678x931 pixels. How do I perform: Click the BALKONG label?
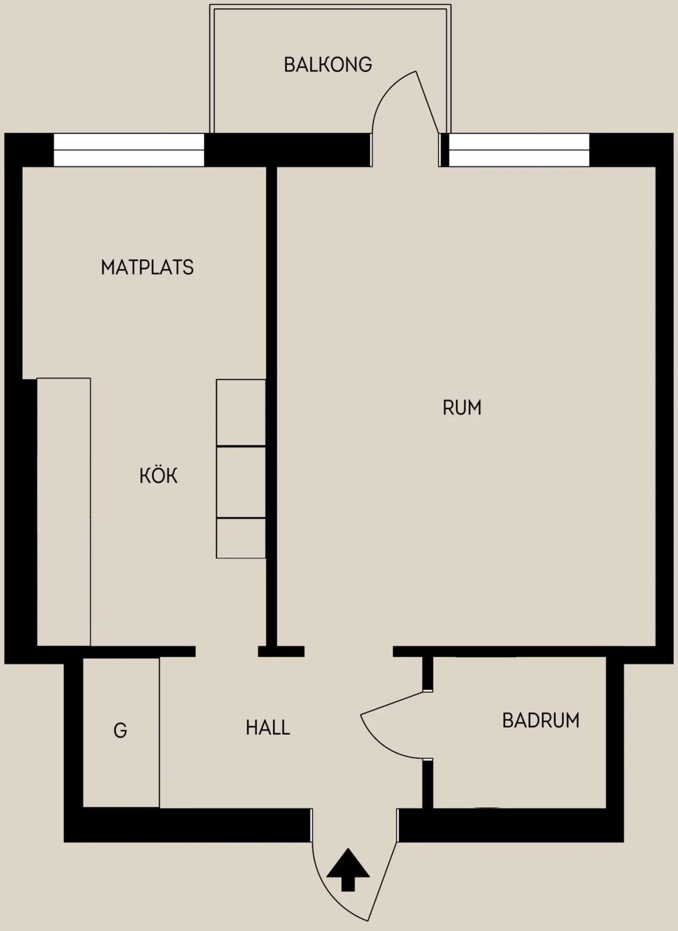click(x=328, y=65)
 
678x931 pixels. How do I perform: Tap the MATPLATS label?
click(x=147, y=267)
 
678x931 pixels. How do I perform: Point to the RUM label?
click(x=462, y=408)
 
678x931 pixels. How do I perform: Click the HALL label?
click(x=267, y=728)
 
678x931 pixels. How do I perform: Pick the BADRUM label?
click(x=541, y=721)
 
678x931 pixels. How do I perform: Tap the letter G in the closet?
click(x=120, y=730)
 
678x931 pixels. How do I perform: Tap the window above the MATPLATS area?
click(x=129, y=150)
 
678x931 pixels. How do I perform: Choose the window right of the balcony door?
click(x=519, y=150)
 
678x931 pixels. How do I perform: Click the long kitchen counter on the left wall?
click(x=64, y=512)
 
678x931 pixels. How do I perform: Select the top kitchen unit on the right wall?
click(x=241, y=412)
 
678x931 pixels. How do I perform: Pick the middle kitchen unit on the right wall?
click(x=241, y=482)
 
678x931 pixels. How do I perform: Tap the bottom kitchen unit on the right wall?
click(x=241, y=538)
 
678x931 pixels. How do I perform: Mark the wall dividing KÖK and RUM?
click(x=271, y=406)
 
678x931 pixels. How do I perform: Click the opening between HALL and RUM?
click(x=349, y=652)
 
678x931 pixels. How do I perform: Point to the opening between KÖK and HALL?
click(x=227, y=652)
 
